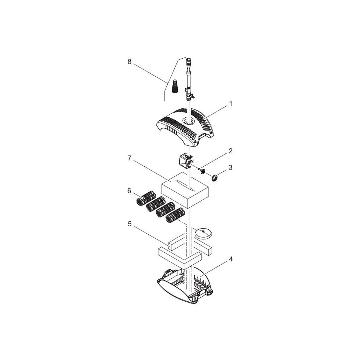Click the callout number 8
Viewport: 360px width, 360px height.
pyautogui.click(x=130, y=62)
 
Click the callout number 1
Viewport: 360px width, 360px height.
pyautogui.click(x=230, y=104)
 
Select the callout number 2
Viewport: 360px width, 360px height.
pyautogui.click(x=230, y=151)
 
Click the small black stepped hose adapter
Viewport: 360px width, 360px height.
pyautogui.click(x=175, y=86)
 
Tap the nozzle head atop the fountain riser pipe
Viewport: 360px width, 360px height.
pyautogui.click(x=188, y=62)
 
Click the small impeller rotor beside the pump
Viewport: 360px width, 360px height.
pyautogui.click(x=201, y=171)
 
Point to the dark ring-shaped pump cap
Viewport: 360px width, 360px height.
pyautogui.click(x=215, y=177)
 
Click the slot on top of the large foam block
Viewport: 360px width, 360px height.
pyautogui.click(x=184, y=185)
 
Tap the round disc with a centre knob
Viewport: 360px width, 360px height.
pyautogui.click(x=203, y=234)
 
